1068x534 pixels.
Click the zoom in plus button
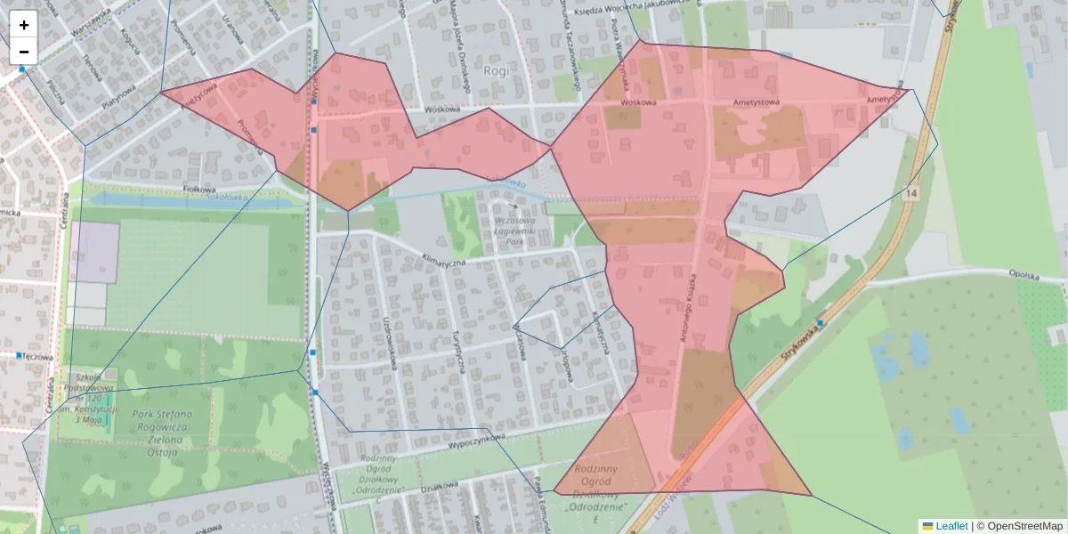[x=24, y=25]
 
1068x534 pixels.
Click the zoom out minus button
[x=24, y=52]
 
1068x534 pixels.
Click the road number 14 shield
[x=911, y=193]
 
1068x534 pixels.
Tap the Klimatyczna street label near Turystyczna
[x=443, y=262]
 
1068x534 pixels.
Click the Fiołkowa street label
[x=200, y=190]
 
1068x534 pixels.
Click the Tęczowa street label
[x=37, y=355]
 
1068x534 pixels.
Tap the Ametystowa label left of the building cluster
[x=756, y=102]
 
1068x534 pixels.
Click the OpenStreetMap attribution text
[x=1024, y=526]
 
